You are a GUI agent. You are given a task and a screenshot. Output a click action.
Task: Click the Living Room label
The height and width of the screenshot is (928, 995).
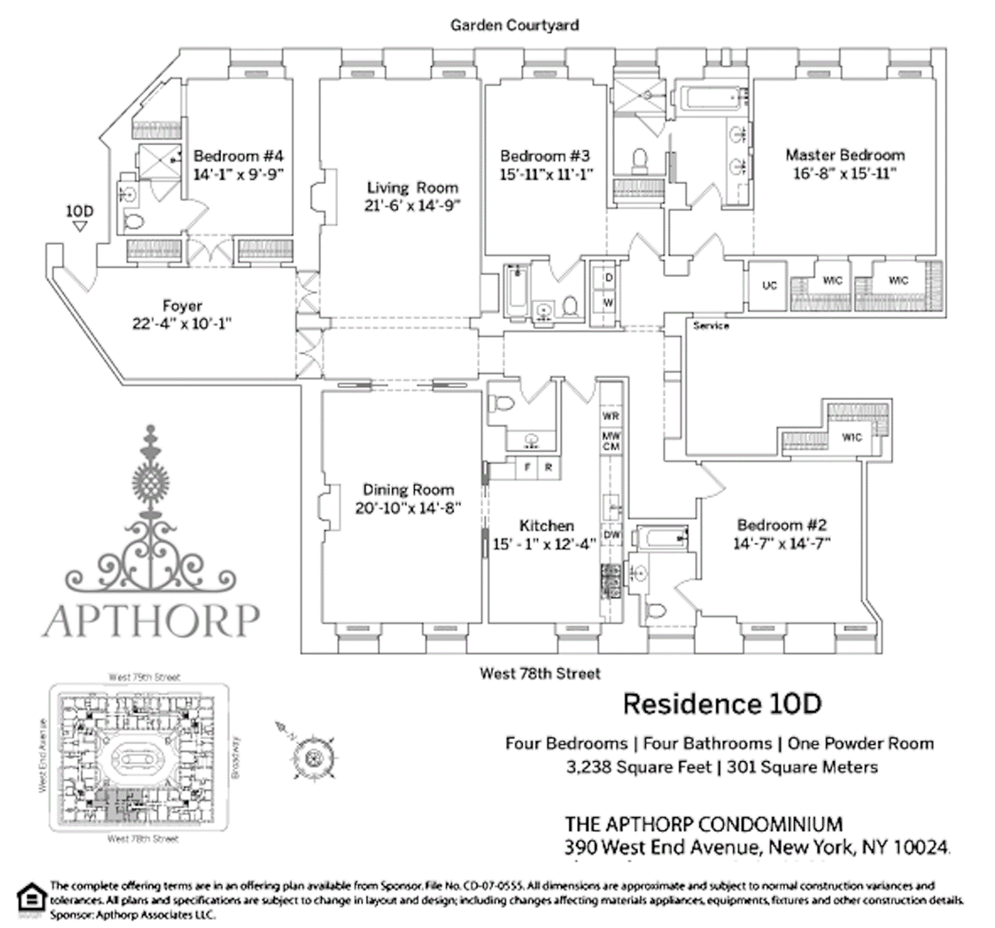point(413,187)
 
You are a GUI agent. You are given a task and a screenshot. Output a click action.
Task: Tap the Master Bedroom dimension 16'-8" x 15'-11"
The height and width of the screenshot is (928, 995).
point(845,173)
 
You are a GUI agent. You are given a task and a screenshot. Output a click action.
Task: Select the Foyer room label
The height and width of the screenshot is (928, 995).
point(182,306)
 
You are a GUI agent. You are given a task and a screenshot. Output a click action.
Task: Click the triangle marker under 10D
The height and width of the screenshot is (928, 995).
point(79,226)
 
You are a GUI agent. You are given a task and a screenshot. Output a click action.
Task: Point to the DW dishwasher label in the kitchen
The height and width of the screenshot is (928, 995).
point(612,534)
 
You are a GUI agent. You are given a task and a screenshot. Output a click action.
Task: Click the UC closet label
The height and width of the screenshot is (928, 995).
point(769,285)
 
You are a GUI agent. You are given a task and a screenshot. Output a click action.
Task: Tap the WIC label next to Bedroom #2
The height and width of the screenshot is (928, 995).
point(851,437)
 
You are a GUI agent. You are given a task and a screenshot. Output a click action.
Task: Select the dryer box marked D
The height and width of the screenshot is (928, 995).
point(608,278)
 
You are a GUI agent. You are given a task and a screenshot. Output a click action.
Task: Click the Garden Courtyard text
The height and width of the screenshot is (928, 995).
point(514,25)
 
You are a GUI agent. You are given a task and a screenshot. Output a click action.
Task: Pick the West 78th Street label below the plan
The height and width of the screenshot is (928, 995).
point(540,673)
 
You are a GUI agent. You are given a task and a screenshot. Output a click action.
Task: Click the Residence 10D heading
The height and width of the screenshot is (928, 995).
point(722,704)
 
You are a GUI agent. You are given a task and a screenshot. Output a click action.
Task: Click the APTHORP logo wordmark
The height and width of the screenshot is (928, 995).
point(150,620)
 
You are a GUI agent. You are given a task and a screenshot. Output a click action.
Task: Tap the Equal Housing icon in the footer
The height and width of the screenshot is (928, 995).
point(31,899)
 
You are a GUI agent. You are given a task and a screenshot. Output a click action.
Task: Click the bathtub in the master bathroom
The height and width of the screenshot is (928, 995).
point(710,98)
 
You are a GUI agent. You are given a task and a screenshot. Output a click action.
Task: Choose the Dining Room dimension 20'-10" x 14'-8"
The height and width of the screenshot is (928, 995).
point(408,508)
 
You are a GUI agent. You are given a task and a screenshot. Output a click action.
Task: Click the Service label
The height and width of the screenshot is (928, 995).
point(710,326)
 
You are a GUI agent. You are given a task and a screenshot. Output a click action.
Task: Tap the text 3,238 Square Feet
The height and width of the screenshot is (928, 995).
point(638,766)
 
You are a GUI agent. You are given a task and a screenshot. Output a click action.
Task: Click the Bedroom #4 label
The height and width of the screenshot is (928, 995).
point(238,155)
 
